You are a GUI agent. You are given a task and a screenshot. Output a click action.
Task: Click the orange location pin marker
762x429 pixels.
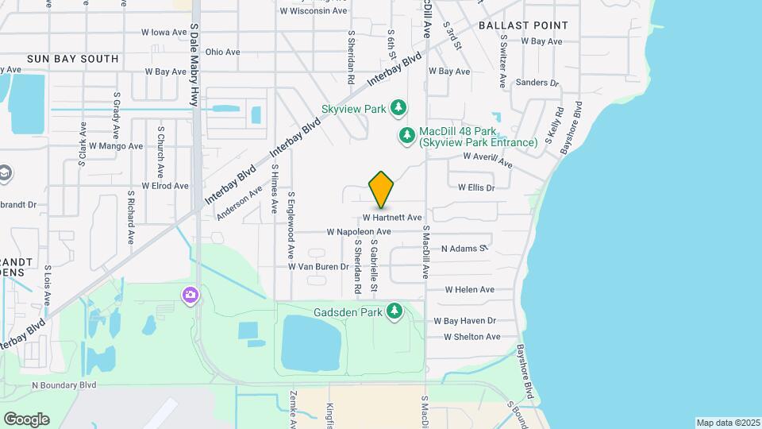click(382, 189)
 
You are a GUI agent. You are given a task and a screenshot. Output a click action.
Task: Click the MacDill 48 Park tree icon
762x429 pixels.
click(407, 136)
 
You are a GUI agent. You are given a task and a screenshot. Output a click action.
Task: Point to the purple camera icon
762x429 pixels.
click(190, 296)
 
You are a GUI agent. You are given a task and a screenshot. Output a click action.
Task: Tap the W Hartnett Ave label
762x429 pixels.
click(392, 217)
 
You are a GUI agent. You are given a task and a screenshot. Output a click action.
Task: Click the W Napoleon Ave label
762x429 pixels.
click(359, 232)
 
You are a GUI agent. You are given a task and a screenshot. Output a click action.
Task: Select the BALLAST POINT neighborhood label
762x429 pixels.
click(523, 25)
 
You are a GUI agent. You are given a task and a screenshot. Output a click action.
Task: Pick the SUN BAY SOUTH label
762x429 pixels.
click(72, 59)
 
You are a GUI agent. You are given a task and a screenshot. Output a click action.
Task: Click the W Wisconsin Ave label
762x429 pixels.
click(314, 11)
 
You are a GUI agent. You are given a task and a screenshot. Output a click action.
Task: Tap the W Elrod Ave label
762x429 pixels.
click(165, 186)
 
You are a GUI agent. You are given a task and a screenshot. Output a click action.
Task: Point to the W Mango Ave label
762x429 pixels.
click(116, 146)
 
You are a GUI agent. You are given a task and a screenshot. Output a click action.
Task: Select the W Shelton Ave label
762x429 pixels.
click(471, 337)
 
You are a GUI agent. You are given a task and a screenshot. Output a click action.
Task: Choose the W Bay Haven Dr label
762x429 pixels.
click(464, 321)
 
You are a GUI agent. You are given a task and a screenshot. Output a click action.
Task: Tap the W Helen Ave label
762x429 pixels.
click(469, 290)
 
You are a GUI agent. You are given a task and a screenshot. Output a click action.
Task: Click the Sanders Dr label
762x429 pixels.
click(537, 83)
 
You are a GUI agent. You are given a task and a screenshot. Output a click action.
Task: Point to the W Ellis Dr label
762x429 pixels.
click(476, 188)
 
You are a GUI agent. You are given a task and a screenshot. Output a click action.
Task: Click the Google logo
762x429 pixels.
click(26, 419)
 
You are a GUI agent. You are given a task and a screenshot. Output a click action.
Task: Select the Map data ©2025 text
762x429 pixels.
click(726, 423)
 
